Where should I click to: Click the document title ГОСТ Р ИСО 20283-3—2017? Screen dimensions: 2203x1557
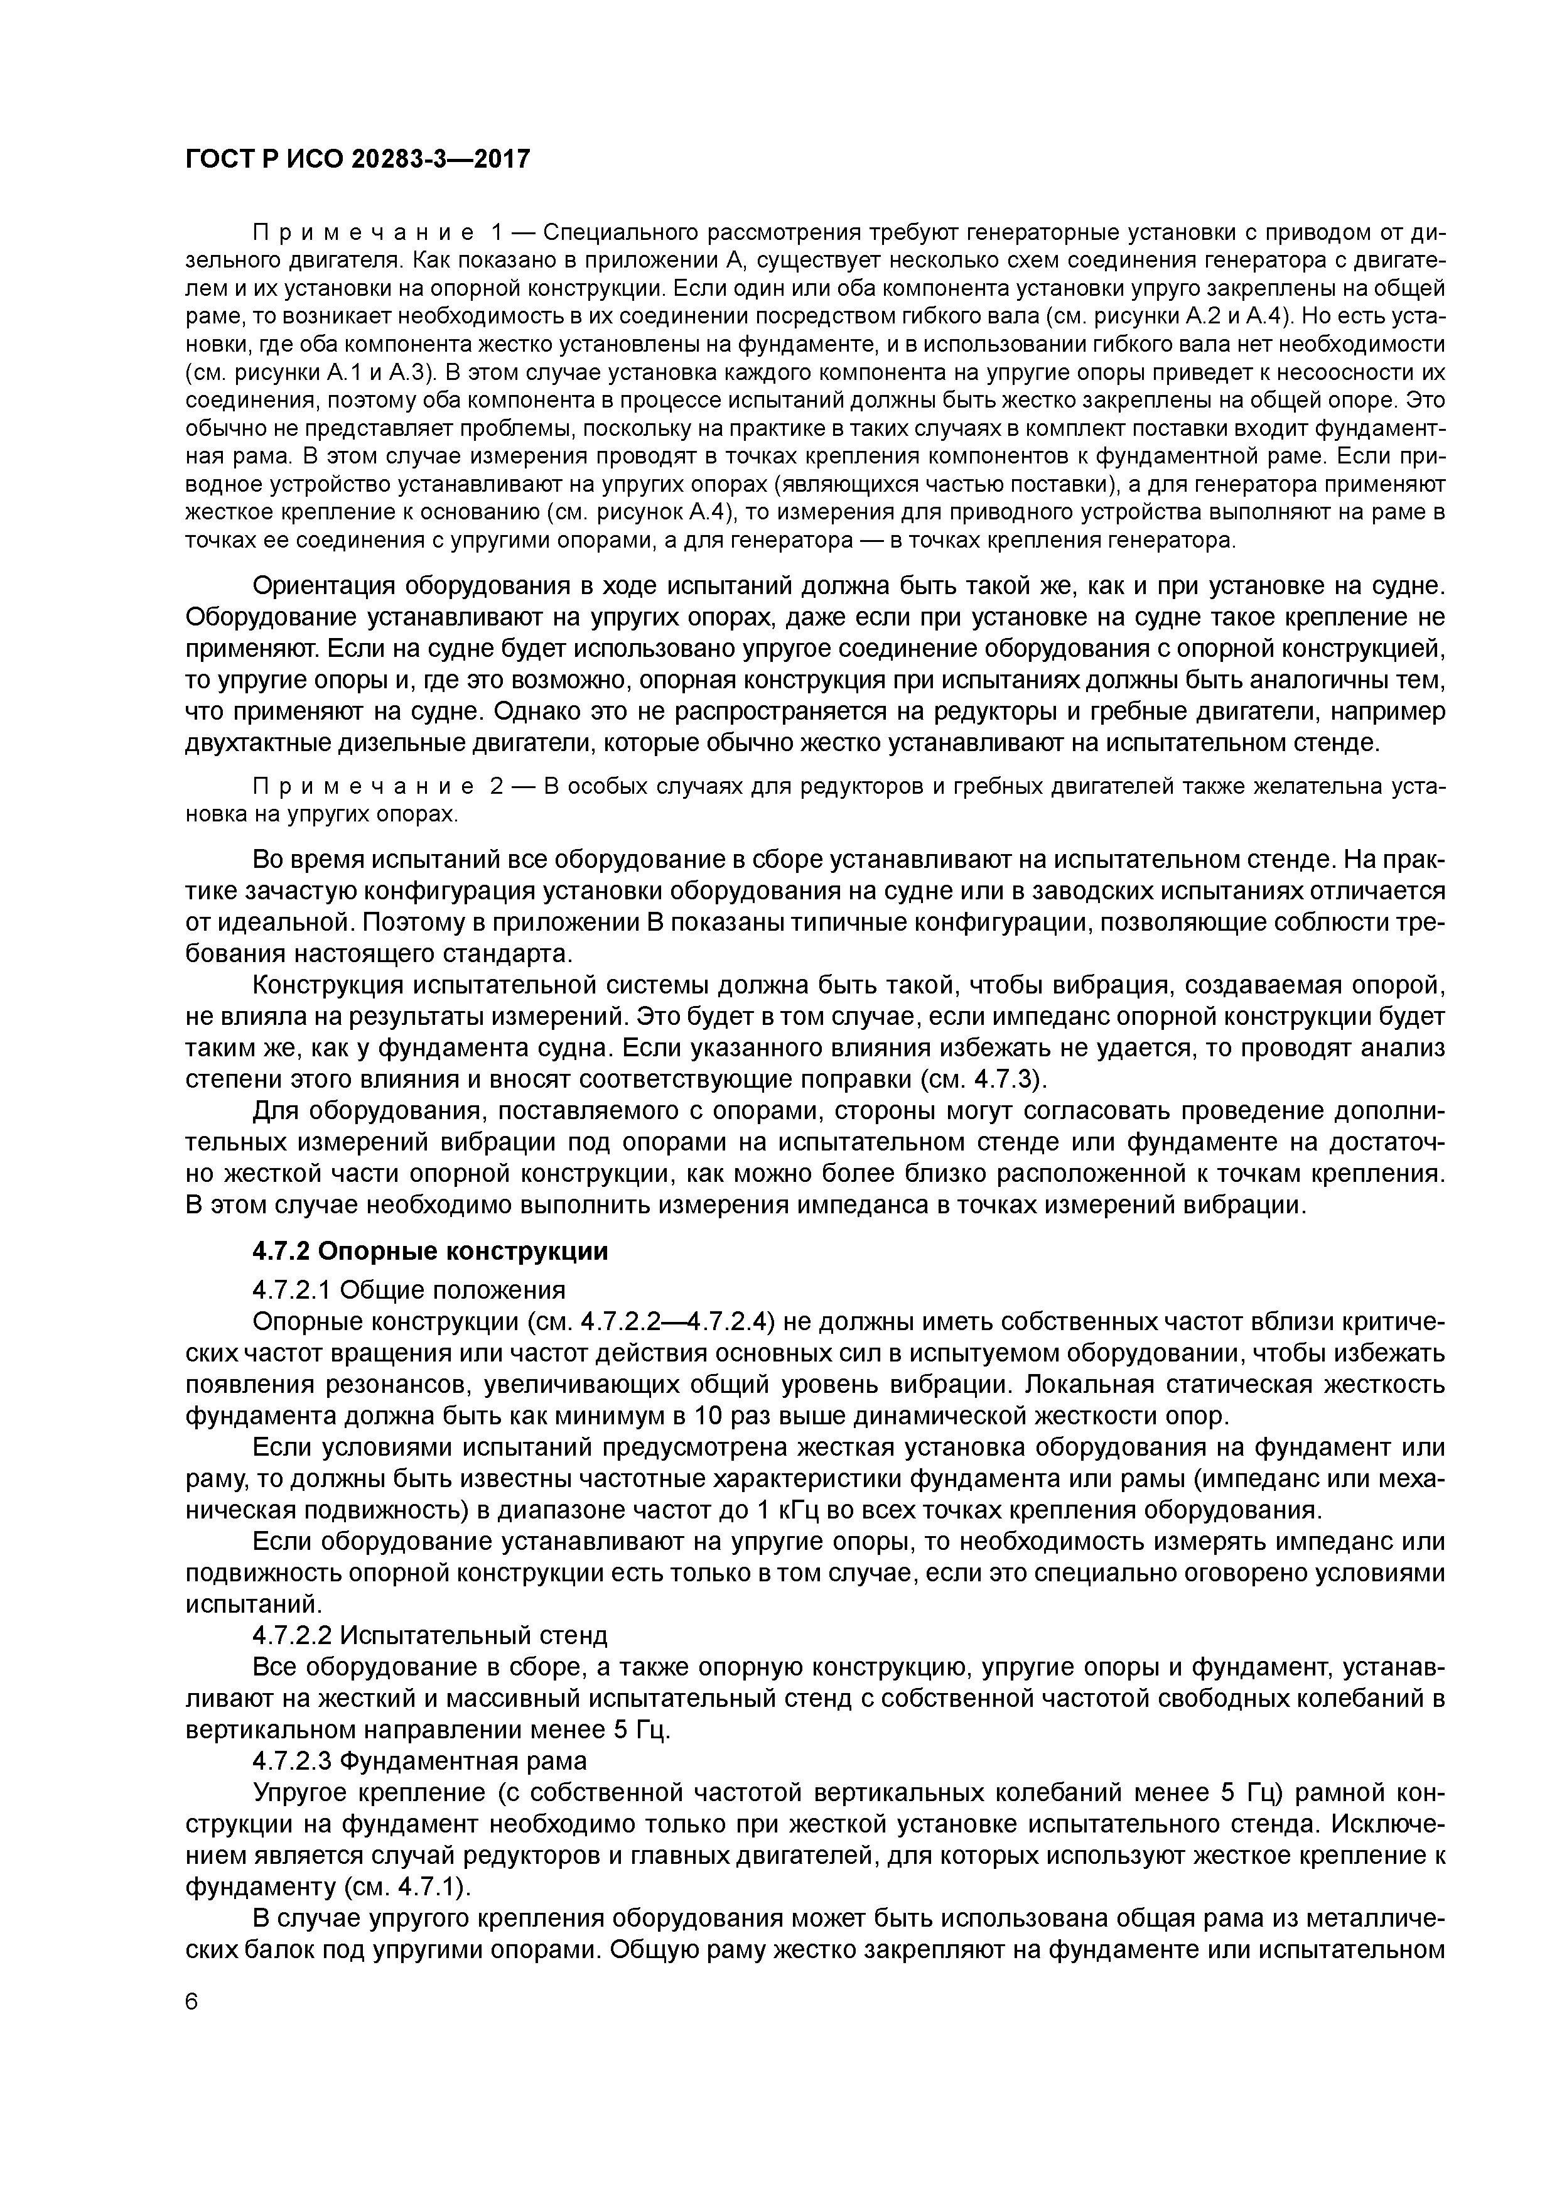point(357,160)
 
